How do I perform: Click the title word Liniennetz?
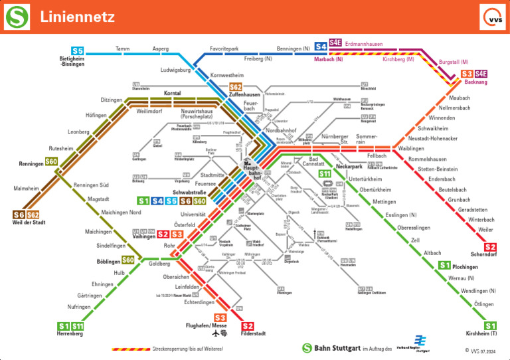[x=77, y=17]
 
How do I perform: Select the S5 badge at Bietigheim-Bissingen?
[x=78, y=50]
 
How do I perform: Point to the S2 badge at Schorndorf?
[x=490, y=247]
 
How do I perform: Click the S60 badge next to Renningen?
[x=51, y=162]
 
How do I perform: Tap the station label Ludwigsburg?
[x=175, y=70]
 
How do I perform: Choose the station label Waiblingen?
[x=411, y=149]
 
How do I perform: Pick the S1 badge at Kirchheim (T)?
[x=490, y=325]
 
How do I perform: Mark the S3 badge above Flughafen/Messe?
[x=220, y=318]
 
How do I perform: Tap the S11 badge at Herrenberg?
[x=78, y=325]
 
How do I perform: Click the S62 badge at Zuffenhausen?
[x=236, y=87]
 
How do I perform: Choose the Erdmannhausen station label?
[x=364, y=44]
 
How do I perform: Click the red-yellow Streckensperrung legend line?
[x=130, y=348]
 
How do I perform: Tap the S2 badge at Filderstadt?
[x=248, y=325]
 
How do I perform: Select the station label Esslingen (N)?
[x=401, y=215]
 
